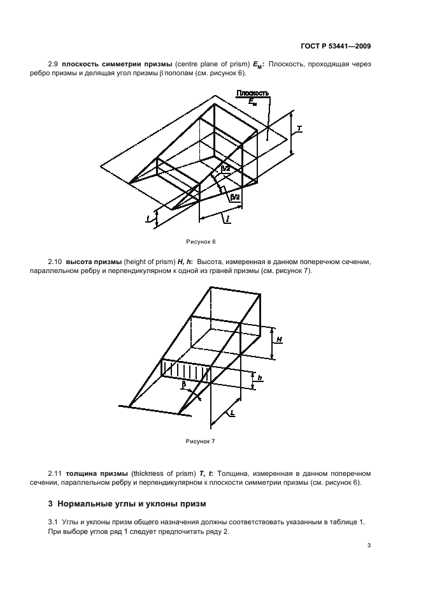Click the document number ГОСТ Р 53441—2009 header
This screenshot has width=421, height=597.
point(336,46)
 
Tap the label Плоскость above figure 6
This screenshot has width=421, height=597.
point(252,93)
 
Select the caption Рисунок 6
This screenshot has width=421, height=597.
point(201,242)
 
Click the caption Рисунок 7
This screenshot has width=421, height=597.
point(201,441)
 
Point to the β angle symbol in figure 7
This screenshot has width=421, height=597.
point(183,384)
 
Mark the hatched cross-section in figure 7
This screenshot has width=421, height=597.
point(186,370)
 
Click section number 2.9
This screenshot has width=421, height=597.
point(53,64)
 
